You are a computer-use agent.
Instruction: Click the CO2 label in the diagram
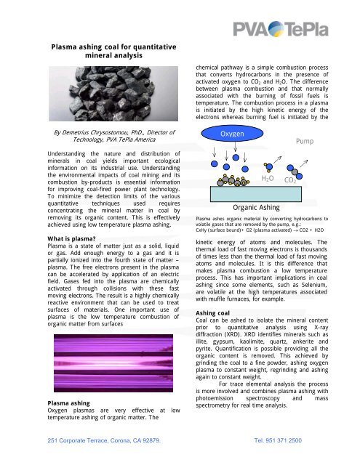coord(291,179)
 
